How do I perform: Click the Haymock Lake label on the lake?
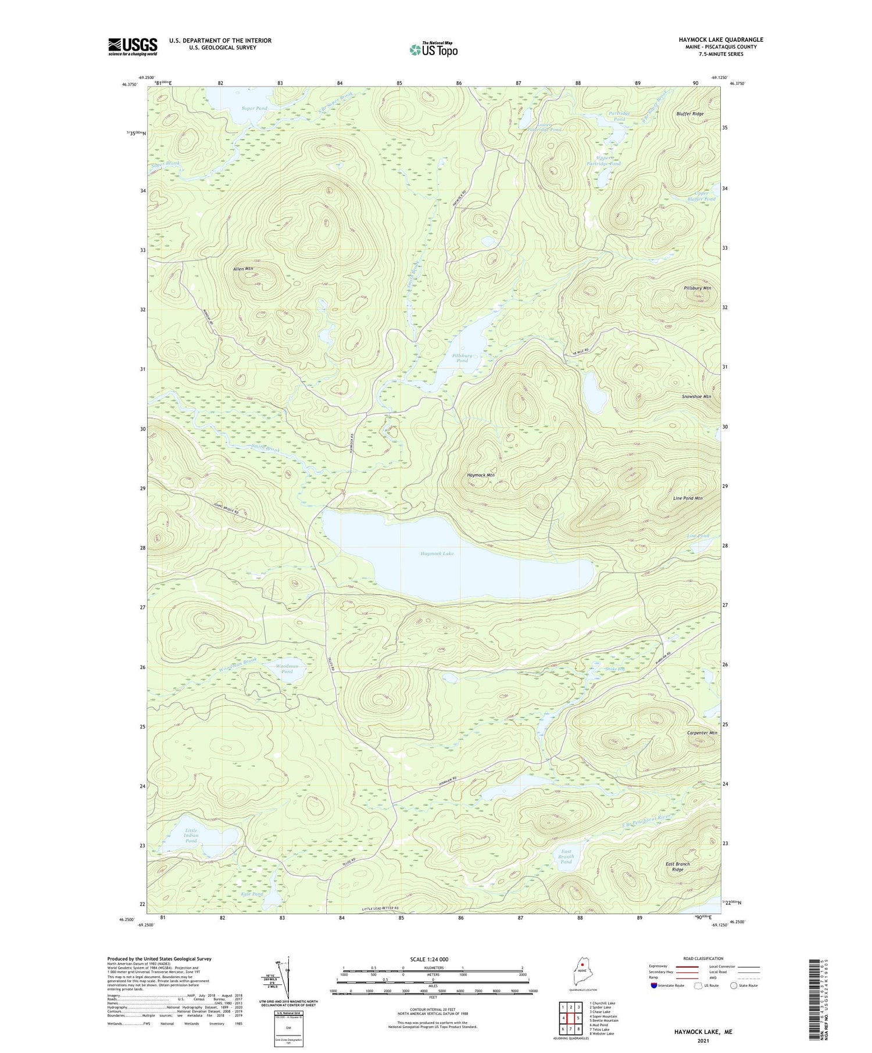(x=437, y=554)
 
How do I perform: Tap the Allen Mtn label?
(x=243, y=269)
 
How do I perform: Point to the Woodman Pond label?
(x=287, y=669)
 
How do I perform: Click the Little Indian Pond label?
(x=191, y=836)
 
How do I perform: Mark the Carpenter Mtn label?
(x=699, y=733)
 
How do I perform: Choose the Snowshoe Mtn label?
(x=696, y=397)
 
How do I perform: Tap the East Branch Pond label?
(x=566, y=857)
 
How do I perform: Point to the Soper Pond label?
(x=255, y=109)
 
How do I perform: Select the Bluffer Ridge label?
(x=689, y=114)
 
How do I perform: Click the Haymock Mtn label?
(x=481, y=475)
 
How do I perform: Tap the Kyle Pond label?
(x=252, y=894)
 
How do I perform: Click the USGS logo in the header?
(x=133, y=46)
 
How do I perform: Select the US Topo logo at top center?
(x=433, y=50)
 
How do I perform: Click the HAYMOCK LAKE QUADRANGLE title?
(x=720, y=39)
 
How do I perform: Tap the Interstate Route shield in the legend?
(x=654, y=986)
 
